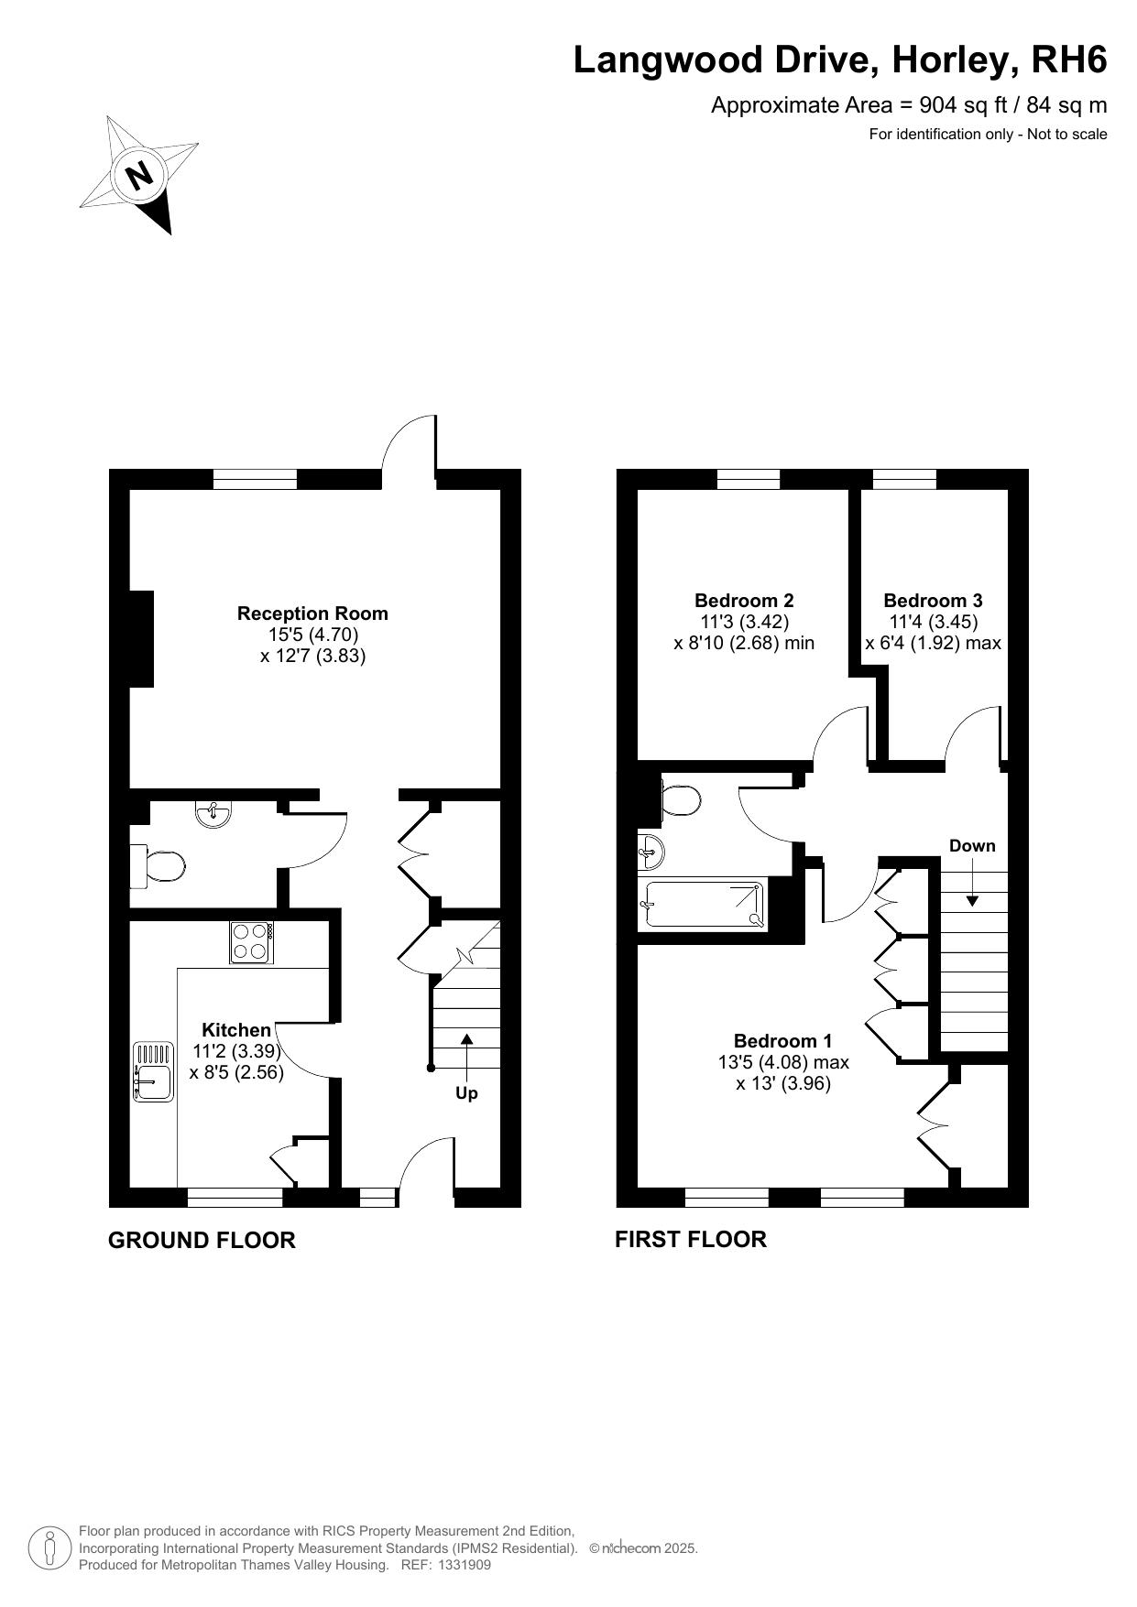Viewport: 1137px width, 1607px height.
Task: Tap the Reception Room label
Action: point(312,613)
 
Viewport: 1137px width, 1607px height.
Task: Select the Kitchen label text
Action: point(236,1030)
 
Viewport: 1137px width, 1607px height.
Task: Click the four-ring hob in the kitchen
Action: point(252,942)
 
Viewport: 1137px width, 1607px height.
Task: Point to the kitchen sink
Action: point(153,1071)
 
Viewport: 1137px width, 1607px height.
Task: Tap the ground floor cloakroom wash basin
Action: point(213,813)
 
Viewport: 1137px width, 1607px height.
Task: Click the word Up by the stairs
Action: point(466,1093)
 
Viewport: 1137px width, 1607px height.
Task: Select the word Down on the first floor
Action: point(972,845)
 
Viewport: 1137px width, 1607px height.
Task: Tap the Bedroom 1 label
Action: point(783,1041)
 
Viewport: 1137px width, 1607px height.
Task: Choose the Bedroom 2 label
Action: point(744,601)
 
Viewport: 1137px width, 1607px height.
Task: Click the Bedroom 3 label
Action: point(933,601)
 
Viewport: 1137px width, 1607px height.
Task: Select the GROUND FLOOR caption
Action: point(202,1240)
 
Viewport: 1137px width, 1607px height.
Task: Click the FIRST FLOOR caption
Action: point(691,1239)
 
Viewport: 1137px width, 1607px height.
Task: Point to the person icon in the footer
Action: point(50,1547)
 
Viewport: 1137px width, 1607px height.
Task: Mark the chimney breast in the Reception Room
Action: point(141,639)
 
